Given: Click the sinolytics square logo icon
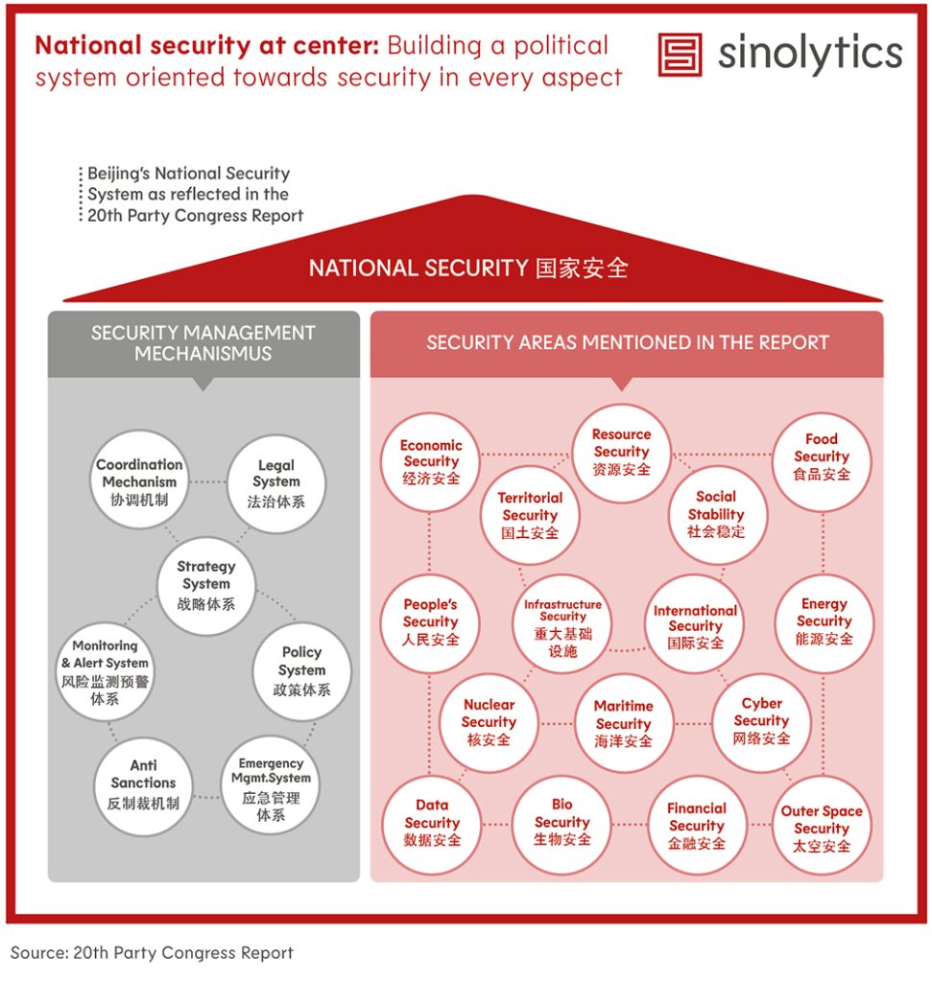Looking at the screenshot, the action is pos(680,55).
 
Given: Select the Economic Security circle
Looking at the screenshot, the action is pos(431,462).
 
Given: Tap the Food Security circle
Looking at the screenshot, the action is pos(821,462).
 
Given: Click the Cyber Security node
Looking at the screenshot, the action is pos(761,723).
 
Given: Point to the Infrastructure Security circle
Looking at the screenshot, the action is pos(562,623).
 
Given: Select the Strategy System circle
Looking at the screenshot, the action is pos(206,586).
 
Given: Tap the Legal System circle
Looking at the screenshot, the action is pos(275,483).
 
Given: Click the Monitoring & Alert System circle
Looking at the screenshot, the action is pos(105,672).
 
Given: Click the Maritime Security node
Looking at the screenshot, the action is pos(624,723).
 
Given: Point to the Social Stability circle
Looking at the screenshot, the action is pos(716,515).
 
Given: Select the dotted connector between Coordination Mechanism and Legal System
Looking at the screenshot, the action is pos(207,482).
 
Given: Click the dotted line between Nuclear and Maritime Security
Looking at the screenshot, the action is pos(556,724).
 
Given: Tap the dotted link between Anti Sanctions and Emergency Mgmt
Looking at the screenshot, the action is pos(207,797).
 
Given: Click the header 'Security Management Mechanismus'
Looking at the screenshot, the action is pos(203,343).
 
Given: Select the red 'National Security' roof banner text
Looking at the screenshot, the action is pos(468,269).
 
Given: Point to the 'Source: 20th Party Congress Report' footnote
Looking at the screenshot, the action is pos(152,952).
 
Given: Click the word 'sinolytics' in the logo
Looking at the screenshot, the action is pos(810,55).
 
